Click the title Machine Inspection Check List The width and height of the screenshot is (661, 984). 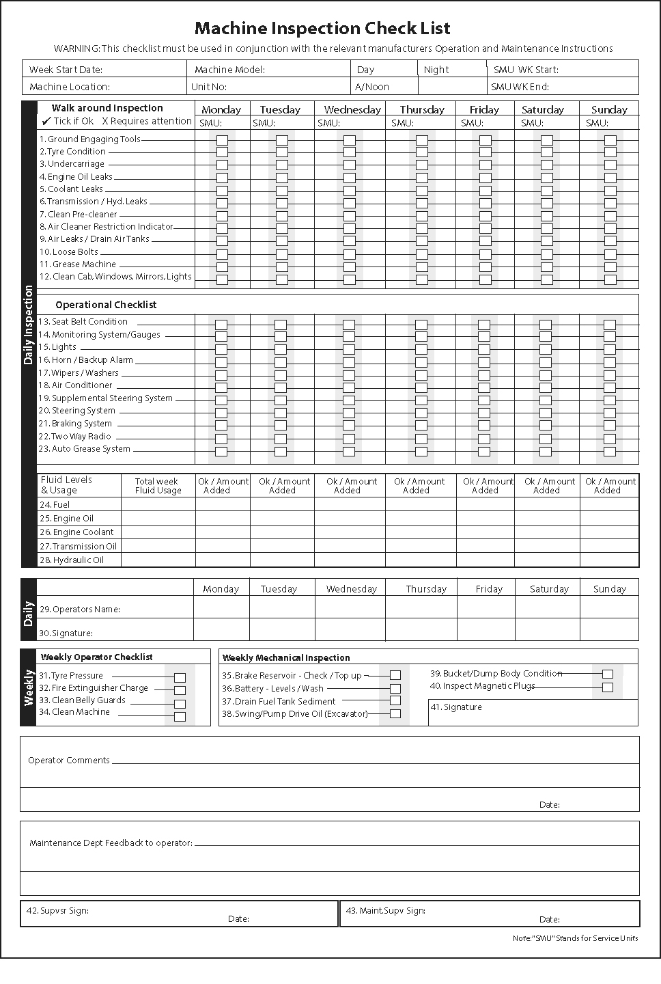point(322,29)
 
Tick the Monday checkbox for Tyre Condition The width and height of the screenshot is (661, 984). point(222,152)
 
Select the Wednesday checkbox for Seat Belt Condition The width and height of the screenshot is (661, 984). point(349,325)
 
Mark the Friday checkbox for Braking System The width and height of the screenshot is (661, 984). point(484,426)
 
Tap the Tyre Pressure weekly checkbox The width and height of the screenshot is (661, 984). point(180,678)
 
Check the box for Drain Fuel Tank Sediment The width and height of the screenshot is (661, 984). point(395,700)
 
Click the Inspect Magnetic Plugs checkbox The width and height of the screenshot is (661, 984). point(608,687)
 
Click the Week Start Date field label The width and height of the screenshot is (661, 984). point(66,70)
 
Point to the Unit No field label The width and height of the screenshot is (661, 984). point(209,87)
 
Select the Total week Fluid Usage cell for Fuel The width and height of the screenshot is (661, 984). point(158,504)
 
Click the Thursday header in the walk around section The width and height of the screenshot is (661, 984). point(422,109)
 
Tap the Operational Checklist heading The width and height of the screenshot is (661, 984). point(106,305)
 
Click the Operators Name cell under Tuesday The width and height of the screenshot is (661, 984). point(282,607)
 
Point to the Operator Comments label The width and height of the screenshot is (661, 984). point(69,760)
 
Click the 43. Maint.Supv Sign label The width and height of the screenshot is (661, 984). point(386,911)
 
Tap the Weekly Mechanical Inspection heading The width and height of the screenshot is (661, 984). point(286,658)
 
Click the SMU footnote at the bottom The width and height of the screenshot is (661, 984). point(575,938)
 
